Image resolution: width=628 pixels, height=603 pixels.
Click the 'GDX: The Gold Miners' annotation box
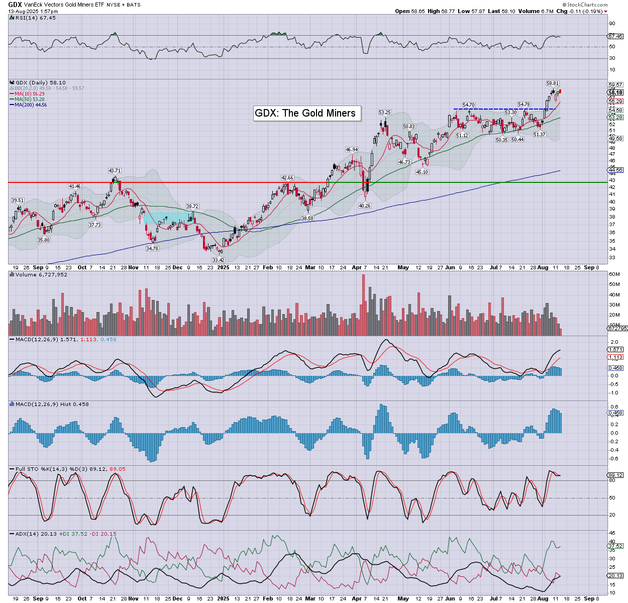point(305,113)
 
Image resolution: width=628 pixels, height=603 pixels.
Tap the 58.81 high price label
point(553,83)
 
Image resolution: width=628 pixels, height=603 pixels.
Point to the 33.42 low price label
point(219,260)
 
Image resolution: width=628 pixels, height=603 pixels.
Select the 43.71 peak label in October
point(115,171)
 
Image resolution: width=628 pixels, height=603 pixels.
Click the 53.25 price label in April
point(385,113)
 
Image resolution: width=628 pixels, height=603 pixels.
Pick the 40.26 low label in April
point(365,206)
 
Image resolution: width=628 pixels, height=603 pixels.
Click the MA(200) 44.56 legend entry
point(31,105)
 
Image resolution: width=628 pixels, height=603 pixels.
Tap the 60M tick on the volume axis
point(614,274)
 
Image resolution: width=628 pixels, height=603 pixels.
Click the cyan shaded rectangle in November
point(167,219)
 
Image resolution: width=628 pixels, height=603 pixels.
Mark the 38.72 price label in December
point(192,207)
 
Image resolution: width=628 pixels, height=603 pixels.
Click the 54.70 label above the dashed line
point(469,105)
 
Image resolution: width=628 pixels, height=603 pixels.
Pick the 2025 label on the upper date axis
point(223,268)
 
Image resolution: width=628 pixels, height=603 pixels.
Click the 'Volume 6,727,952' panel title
point(41,275)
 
